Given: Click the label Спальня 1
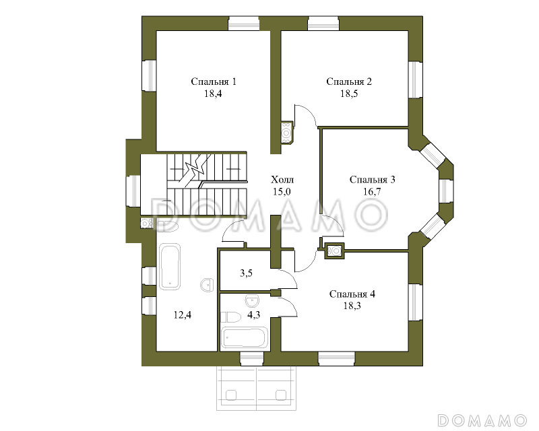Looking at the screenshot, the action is point(214,81).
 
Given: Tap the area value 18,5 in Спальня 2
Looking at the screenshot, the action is point(349,94).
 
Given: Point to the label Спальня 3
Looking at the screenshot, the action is point(373,179).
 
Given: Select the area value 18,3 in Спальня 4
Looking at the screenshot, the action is point(352,306).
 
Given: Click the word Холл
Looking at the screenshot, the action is point(282,179).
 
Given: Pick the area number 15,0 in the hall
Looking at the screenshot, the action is point(282,191).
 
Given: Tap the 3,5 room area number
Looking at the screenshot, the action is point(246,273).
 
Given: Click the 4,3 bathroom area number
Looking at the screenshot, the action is point(254,314).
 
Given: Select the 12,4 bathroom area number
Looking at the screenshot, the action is point(183,314).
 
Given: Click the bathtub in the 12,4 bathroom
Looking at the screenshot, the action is point(170,267).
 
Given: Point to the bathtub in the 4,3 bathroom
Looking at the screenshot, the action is point(245,338).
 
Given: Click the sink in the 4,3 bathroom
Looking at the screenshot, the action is point(252,301).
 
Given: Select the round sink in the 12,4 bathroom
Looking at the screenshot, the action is point(207,285).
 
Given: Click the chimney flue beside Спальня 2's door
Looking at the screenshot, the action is point(286,133).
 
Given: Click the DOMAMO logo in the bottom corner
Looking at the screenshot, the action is point(482,420).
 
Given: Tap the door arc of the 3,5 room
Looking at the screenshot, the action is point(290,277).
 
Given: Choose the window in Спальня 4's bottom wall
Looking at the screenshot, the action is point(336,358).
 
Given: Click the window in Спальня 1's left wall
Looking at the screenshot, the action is point(149,75).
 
